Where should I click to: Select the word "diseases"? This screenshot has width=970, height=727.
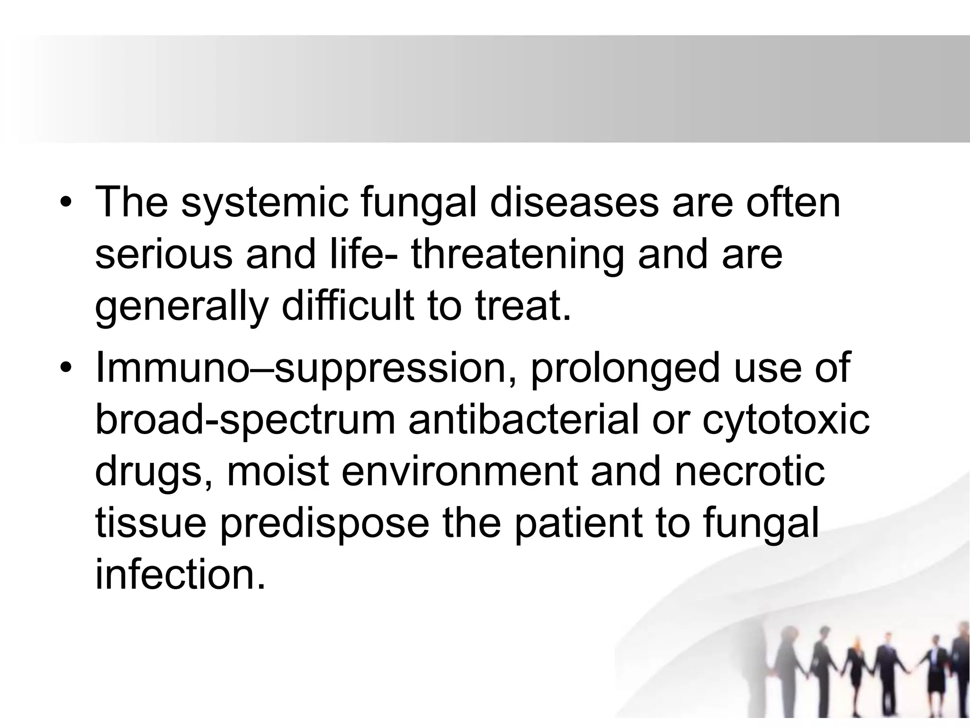(574, 203)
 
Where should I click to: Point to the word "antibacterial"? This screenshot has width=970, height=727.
(523, 420)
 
